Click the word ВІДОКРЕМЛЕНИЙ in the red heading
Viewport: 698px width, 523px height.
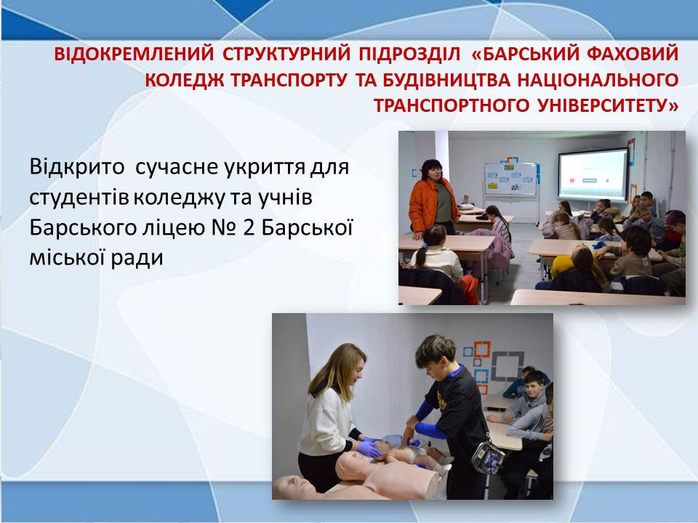[x=134, y=54]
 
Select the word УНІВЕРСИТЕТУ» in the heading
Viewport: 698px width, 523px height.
[x=608, y=106]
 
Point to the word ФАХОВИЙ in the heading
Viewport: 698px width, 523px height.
[x=633, y=54]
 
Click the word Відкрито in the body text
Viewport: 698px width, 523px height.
[x=76, y=167]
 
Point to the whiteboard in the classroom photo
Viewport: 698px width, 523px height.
[x=510, y=179]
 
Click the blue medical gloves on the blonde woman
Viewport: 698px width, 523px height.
[x=369, y=447]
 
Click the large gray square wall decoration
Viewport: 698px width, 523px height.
[x=508, y=365]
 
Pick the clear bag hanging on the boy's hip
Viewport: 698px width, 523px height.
[x=488, y=458]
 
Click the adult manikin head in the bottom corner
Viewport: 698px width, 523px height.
[x=294, y=487]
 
